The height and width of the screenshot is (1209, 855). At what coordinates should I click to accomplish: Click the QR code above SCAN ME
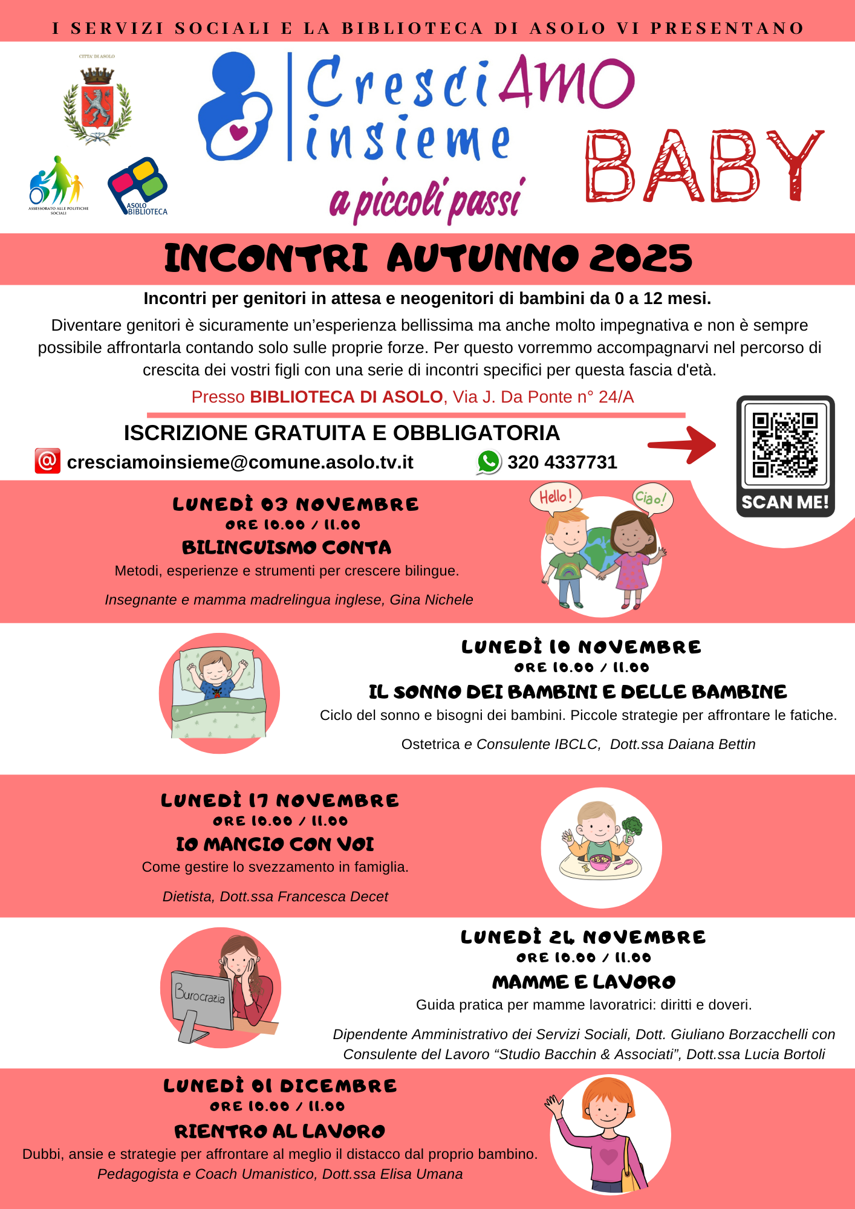[785, 445]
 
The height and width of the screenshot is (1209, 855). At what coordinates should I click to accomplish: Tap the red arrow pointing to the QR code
[682, 445]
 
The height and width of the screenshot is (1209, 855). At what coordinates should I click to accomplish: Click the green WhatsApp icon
[489, 462]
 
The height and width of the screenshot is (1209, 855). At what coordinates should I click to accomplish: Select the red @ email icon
[47, 461]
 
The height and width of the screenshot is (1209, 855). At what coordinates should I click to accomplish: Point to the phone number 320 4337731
[562, 462]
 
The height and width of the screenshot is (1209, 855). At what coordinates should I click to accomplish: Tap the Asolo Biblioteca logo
[138, 186]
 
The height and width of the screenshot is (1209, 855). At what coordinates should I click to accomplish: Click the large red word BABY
[703, 167]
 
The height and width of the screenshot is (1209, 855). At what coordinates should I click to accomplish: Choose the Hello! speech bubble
[555, 498]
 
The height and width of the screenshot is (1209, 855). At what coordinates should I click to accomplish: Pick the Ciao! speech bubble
[652, 499]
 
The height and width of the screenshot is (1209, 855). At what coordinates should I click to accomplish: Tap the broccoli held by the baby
[632, 826]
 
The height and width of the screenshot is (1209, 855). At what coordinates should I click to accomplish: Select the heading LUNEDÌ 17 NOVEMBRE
[279, 801]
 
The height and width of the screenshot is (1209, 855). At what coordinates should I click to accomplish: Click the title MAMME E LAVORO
[584, 982]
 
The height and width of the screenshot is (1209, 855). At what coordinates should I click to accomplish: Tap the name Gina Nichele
[431, 600]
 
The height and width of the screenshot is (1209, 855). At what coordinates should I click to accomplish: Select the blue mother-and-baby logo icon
[235, 107]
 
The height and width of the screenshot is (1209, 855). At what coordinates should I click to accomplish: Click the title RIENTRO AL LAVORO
[279, 1132]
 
